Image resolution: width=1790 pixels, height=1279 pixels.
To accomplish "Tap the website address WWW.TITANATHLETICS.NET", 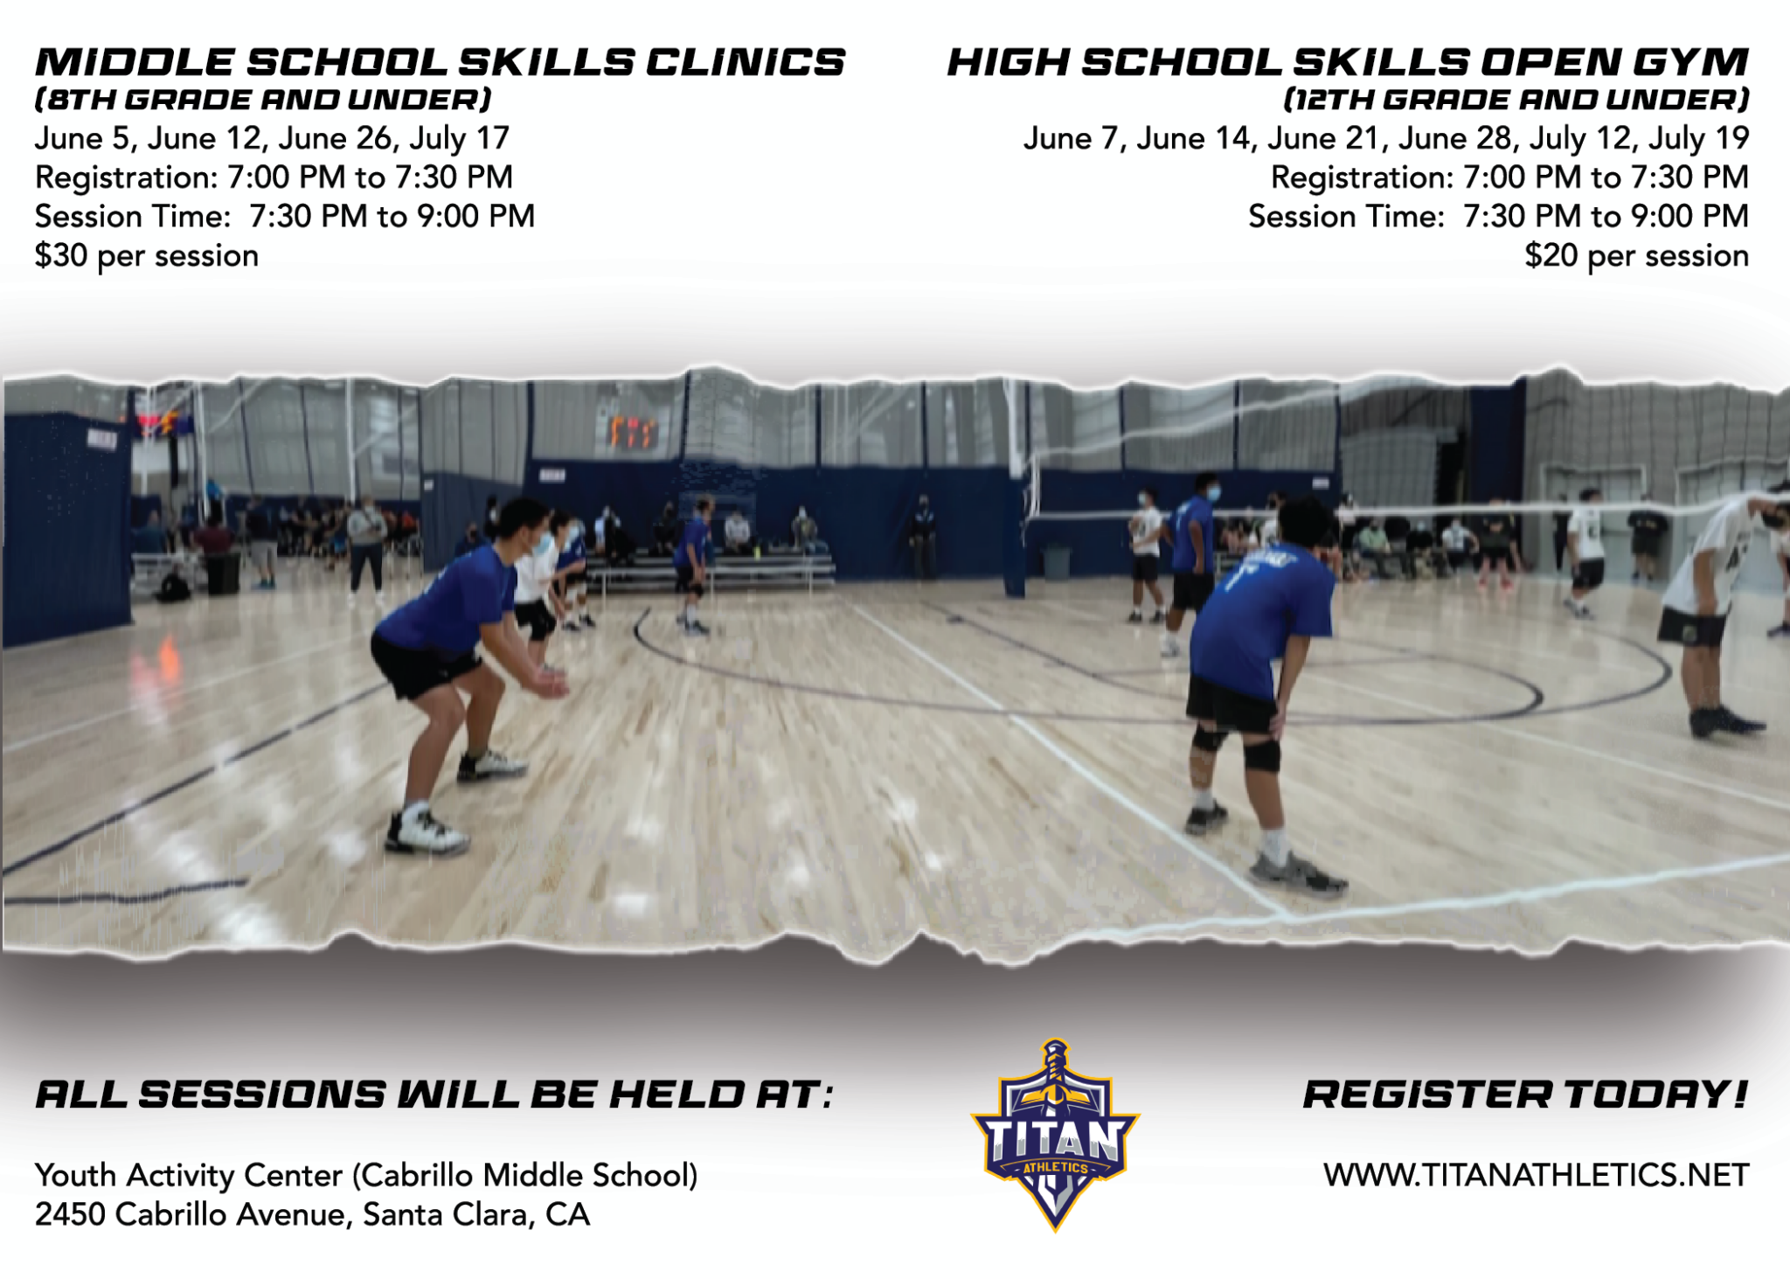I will [1536, 1176].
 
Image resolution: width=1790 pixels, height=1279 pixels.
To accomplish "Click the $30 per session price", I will [147, 256].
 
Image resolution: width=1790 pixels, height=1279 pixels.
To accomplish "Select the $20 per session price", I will [1636, 256].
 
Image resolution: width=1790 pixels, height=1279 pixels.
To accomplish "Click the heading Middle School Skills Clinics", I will [440, 62].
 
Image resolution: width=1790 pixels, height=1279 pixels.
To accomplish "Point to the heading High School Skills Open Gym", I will [1348, 62].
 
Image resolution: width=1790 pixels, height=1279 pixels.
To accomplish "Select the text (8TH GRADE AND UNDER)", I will [263, 100].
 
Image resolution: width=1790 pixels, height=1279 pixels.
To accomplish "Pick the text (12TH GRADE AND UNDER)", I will [1516, 100].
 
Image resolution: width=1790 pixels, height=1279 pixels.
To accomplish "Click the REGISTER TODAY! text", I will [1525, 1095].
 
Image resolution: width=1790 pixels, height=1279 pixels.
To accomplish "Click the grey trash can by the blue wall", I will [1057, 561].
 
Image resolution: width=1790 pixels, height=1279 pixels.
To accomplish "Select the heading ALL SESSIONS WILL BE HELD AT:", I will [434, 1095].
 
